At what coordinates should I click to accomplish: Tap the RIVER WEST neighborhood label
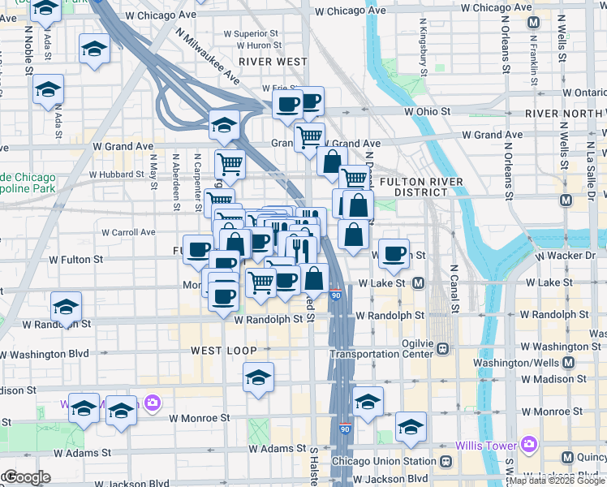point(273,62)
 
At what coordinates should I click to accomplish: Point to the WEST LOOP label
point(223,351)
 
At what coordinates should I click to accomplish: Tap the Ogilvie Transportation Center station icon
point(443,349)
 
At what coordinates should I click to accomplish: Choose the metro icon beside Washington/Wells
point(568,362)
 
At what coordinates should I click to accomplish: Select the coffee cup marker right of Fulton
point(394,252)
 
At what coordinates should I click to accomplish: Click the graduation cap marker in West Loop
point(259,377)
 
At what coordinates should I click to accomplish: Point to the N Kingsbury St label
point(424,52)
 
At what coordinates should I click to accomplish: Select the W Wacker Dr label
point(565,256)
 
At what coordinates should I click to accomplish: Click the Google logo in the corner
point(27,477)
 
